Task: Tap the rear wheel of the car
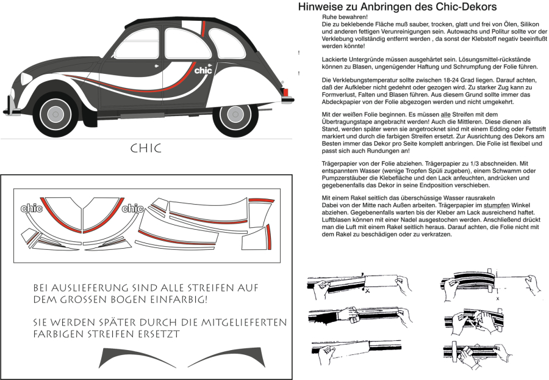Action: (x=235, y=114)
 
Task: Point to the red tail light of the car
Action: (x=284, y=92)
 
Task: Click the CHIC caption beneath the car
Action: (x=146, y=148)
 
